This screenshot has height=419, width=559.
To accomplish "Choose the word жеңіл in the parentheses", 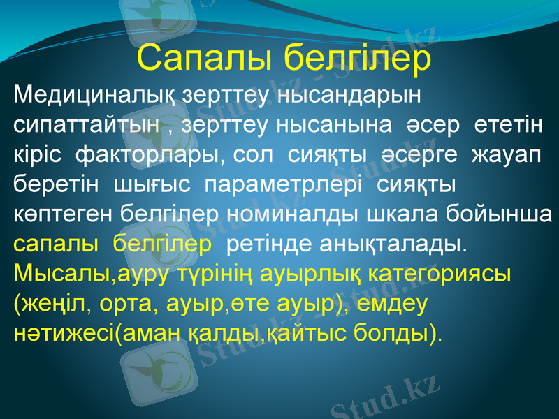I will (47, 304).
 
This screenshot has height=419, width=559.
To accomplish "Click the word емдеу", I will (396, 304).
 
